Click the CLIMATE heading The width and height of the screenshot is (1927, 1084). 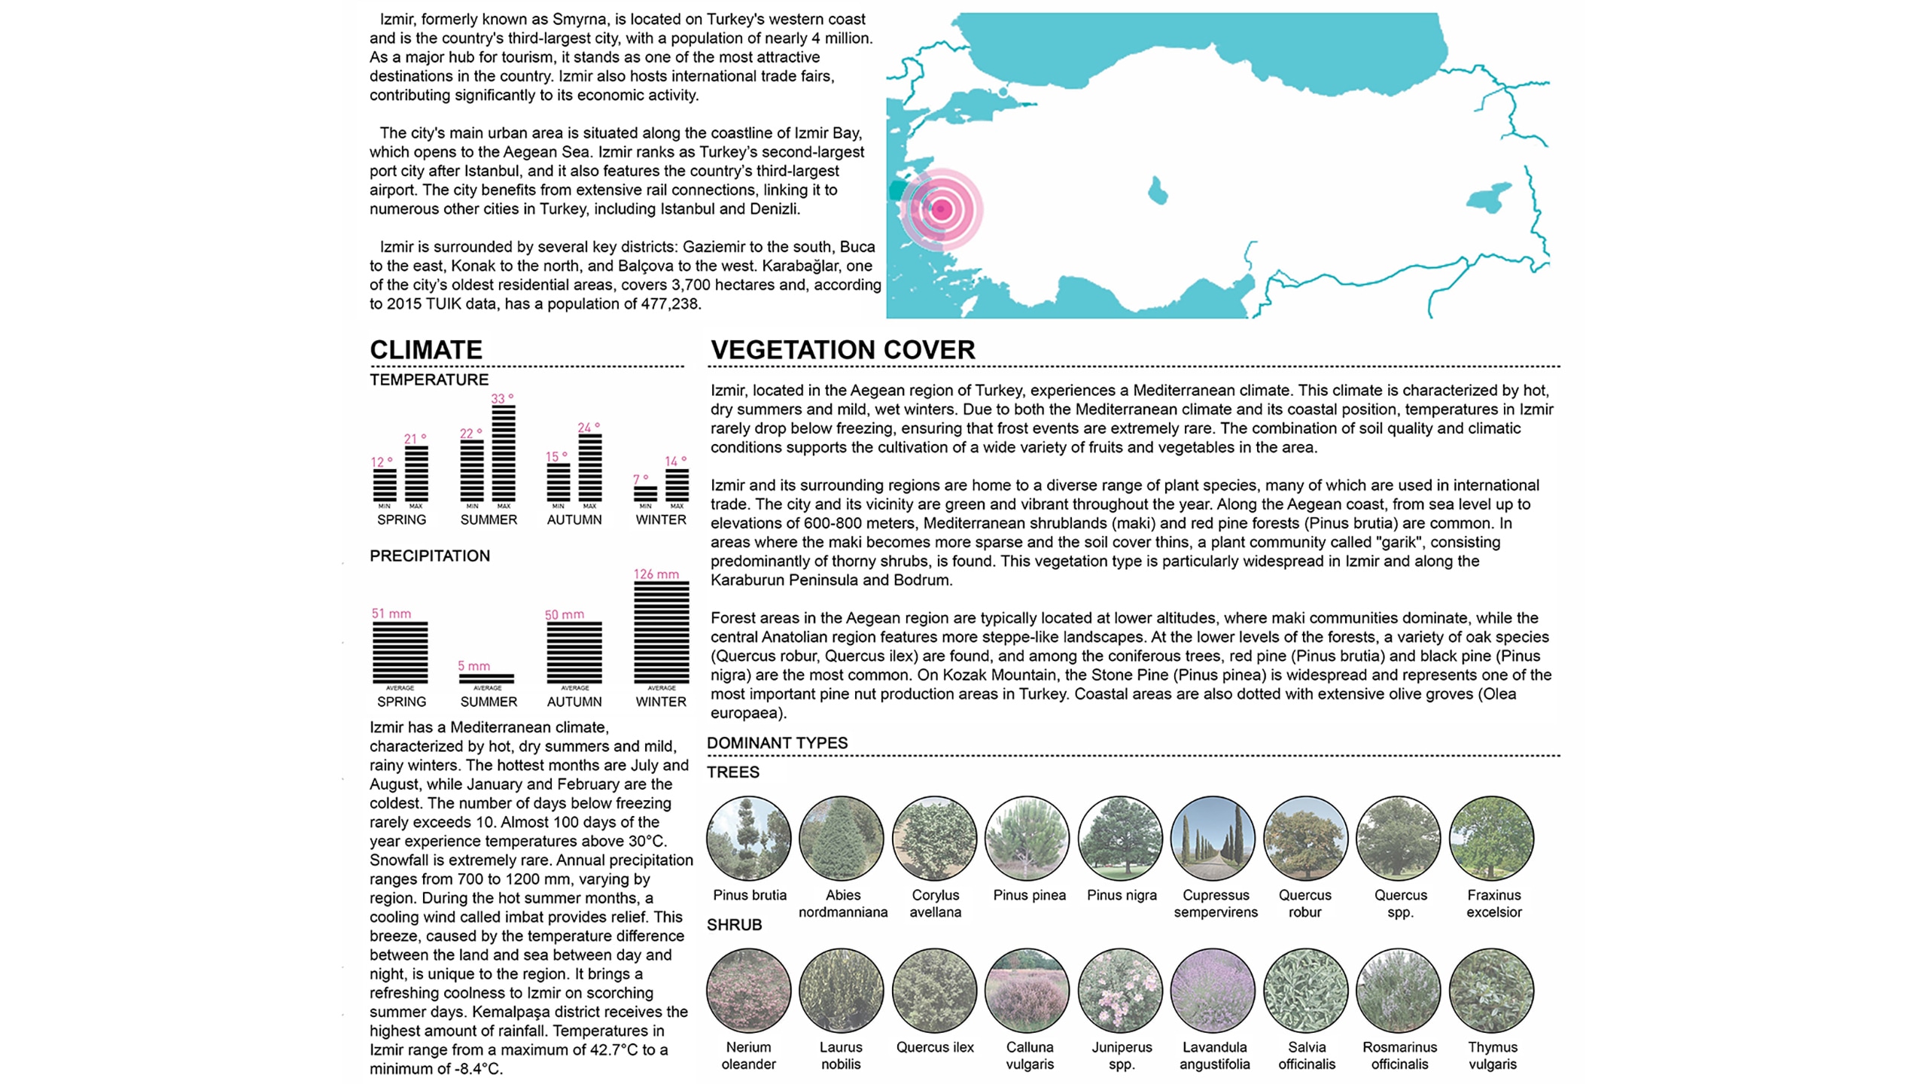(426, 350)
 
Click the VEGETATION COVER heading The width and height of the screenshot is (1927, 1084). (842, 350)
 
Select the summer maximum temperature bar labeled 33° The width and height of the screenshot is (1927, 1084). (504, 453)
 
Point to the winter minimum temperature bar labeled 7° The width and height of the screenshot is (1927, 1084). (645, 494)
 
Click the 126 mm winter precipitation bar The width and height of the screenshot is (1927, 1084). (661, 632)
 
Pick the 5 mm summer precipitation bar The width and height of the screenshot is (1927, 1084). (487, 678)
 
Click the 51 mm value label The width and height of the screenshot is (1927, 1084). (391, 614)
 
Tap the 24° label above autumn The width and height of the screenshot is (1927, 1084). (589, 428)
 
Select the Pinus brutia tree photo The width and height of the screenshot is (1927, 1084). (749, 839)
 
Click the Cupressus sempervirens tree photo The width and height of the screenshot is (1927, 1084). (1213, 839)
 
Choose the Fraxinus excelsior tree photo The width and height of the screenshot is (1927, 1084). (1491, 839)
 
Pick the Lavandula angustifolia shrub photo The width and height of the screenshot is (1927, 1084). (1213, 991)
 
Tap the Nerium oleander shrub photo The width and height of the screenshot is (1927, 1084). (749, 991)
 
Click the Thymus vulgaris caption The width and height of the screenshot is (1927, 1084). (1493, 1055)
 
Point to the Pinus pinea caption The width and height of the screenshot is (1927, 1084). (1029, 895)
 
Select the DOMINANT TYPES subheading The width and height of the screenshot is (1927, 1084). (777, 743)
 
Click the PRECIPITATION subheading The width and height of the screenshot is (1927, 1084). (430, 556)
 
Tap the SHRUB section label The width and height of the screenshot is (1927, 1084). (734, 924)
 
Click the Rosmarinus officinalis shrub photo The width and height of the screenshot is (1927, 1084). (1399, 991)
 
